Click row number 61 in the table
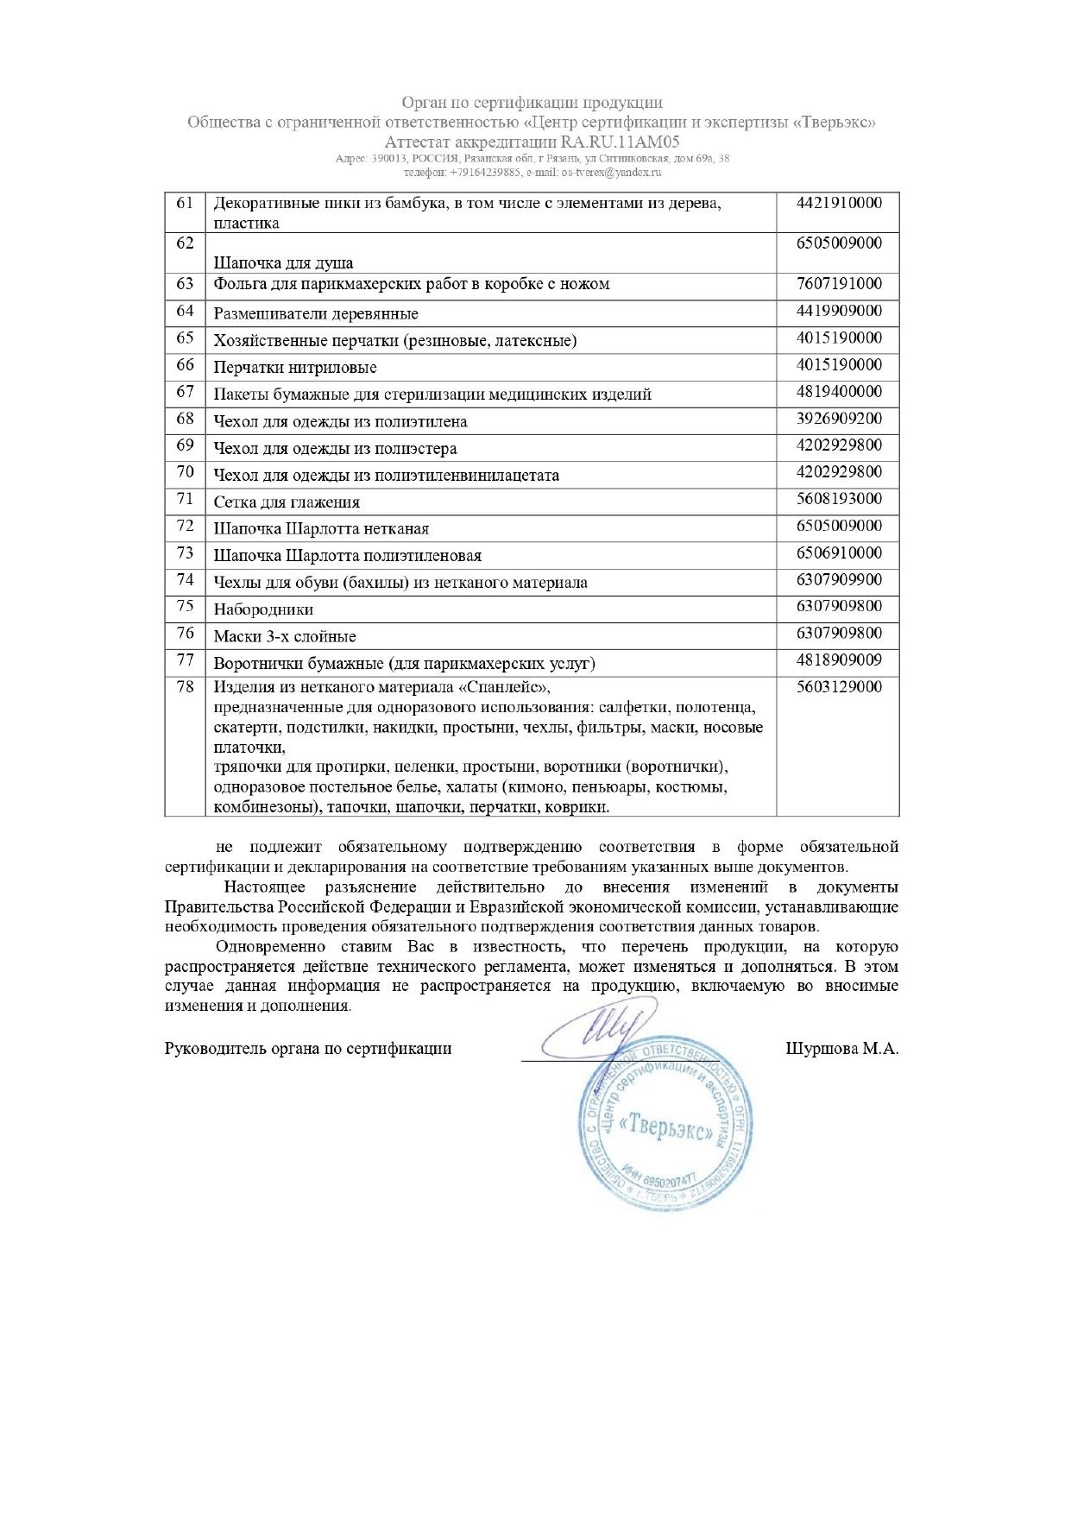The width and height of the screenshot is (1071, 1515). point(185,204)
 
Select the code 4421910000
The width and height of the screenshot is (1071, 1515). point(839,204)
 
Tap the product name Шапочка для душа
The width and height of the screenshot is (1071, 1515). point(283,263)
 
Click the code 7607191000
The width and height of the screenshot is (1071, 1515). point(839,284)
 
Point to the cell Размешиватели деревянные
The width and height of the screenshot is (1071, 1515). point(316,314)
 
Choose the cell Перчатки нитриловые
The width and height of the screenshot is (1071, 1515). point(295,368)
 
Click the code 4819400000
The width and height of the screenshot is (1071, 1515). point(839,392)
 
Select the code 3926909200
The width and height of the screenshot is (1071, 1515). point(839,419)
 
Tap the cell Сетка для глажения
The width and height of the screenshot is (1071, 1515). point(287,502)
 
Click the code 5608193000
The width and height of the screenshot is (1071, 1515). point(839,499)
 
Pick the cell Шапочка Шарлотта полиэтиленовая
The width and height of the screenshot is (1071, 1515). point(348,556)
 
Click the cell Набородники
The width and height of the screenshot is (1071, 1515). point(263,609)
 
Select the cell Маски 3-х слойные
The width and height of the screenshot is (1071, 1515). point(285,637)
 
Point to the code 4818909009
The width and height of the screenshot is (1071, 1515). point(839,660)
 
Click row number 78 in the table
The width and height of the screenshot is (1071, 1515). point(185,688)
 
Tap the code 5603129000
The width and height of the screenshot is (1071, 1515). point(839,687)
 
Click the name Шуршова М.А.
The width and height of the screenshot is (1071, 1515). point(842,1049)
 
